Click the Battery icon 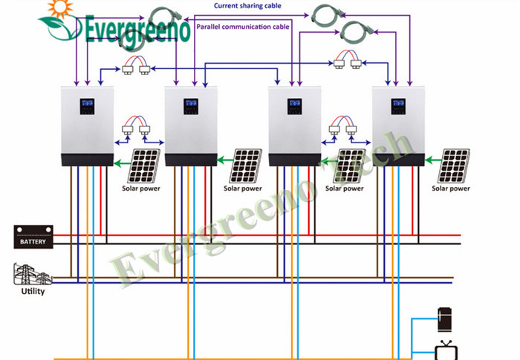33,237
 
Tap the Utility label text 33,292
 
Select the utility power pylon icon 33,274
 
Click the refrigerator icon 444,319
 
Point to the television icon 446,350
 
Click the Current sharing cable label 247,6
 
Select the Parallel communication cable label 243,27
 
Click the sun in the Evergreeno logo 60,7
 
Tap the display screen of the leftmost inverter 87,106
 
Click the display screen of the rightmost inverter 398,106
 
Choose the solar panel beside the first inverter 143,166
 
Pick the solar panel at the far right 453,166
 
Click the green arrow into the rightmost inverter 432,161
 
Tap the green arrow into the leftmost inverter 123,163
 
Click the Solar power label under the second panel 243,189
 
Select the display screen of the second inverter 191,106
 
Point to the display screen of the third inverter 294,106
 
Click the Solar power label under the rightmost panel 451,189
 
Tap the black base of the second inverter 191,160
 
